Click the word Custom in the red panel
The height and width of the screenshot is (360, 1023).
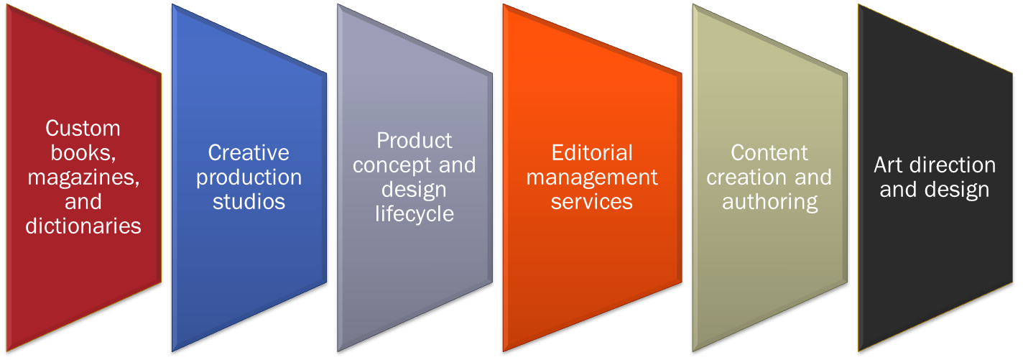(x=83, y=129)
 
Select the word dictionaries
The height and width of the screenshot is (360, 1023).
(x=83, y=226)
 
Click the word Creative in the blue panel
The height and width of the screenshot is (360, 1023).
(x=249, y=152)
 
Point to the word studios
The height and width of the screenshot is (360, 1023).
(x=249, y=201)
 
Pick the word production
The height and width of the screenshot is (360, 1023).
(x=249, y=177)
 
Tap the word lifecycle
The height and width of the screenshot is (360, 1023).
(x=415, y=213)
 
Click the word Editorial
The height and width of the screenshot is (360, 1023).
(x=592, y=152)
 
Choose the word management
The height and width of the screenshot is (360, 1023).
(x=592, y=177)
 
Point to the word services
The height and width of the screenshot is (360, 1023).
(x=592, y=201)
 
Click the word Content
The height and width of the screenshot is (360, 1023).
(x=769, y=152)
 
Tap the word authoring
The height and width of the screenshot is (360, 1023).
(x=770, y=202)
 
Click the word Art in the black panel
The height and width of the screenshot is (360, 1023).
(x=888, y=165)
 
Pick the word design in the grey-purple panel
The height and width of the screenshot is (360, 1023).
(x=415, y=190)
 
